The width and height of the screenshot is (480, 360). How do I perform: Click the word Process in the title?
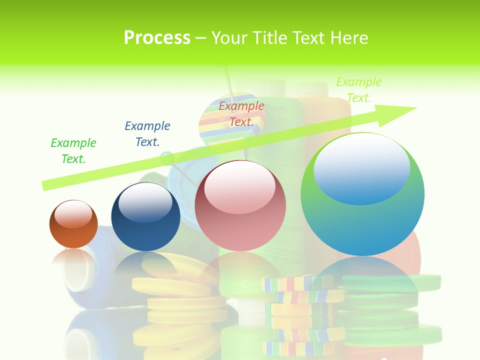pos(157,37)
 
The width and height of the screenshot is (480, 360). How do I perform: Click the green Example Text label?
pos(73,150)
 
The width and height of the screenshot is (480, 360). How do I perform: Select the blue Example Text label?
pos(147,133)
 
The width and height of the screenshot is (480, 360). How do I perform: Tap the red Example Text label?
pos(241,113)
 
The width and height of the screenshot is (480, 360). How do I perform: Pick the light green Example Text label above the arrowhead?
pos(359,89)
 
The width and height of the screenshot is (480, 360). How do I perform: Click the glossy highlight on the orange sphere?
pos(73,214)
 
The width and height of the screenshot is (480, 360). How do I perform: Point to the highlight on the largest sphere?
pos(361,169)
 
